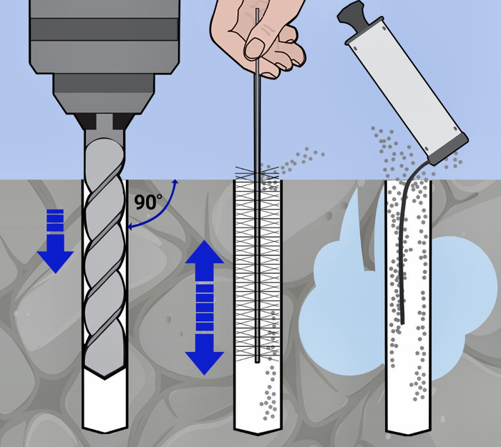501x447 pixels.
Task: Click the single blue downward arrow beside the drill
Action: (x=55, y=241)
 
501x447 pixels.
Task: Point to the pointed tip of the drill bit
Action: (x=104, y=378)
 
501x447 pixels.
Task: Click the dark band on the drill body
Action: (x=104, y=29)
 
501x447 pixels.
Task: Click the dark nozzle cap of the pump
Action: (x=448, y=149)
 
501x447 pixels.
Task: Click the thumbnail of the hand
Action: (x=255, y=48)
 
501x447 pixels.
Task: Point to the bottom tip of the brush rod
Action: (x=257, y=362)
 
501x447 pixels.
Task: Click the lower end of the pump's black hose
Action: (x=402, y=323)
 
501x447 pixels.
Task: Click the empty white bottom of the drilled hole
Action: (x=105, y=404)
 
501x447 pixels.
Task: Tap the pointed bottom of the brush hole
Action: (x=258, y=433)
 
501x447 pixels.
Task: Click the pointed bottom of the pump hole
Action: (x=409, y=433)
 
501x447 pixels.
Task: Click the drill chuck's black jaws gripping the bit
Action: (x=104, y=121)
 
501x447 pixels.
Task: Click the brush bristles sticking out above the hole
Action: (x=257, y=173)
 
